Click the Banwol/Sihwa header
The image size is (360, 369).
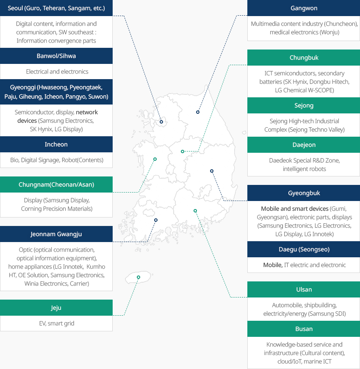[x=56, y=56]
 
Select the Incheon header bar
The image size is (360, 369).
[x=56, y=144]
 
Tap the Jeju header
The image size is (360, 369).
[x=56, y=308]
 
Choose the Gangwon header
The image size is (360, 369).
[x=304, y=8]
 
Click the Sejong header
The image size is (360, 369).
[x=304, y=105]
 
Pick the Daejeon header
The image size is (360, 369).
[x=304, y=145]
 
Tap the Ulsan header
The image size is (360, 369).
[x=304, y=289]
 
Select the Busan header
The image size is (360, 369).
[x=304, y=329]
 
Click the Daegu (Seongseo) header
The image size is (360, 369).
[x=304, y=249]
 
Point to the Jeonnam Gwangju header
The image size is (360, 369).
[x=56, y=234]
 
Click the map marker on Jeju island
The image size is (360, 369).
[x=138, y=277]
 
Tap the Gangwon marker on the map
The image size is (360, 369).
[x=198, y=112]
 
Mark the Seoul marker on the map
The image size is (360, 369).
[x=161, y=122]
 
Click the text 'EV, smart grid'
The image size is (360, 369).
[x=57, y=323]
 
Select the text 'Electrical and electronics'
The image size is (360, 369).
[x=57, y=72]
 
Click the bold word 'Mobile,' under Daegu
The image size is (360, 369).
[x=273, y=265]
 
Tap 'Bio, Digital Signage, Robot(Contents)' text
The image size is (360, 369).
[x=57, y=160]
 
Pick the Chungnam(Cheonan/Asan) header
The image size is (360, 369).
[x=56, y=184]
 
